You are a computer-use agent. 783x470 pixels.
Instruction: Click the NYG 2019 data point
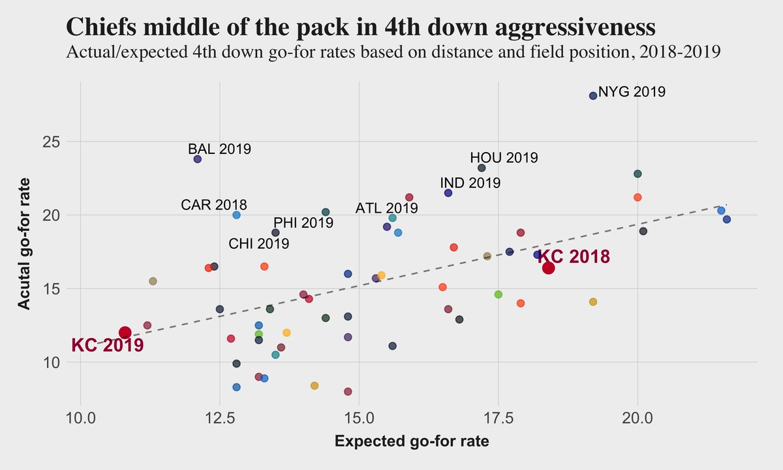point(593,95)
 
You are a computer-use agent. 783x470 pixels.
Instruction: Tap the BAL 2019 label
point(219,149)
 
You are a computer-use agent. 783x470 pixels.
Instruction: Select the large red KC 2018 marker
point(548,268)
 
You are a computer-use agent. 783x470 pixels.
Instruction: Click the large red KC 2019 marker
point(125,332)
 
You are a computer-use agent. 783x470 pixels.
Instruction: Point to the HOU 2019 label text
point(504,158)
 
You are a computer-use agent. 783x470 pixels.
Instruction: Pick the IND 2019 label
point(470,183)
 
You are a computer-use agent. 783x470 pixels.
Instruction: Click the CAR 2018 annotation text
point(214,205)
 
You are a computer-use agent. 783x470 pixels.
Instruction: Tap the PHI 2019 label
point(303,223)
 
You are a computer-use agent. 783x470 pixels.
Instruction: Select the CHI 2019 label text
point(258,244)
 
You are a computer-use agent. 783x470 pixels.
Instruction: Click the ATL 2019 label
point(386,209)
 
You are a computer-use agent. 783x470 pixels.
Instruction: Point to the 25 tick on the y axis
point(53,142)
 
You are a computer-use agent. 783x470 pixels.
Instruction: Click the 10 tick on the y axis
point(53,362)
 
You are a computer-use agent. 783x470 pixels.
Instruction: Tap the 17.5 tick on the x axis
point(499,416)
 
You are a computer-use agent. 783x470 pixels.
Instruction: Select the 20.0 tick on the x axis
point(637,416)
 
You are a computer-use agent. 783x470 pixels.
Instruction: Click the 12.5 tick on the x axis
point(220,416)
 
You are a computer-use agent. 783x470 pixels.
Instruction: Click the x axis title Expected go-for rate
point(412,442)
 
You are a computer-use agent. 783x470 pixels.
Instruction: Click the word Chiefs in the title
point(100,27)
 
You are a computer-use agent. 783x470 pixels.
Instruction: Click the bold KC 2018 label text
point(574,257)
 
